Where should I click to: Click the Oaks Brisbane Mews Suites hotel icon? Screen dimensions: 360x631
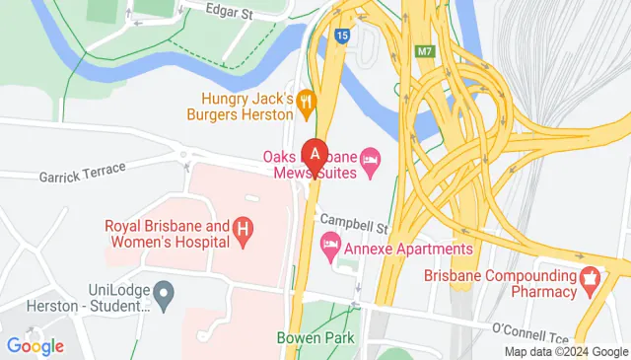click(x=371, y=158)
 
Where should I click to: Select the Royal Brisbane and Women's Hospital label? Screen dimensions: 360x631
click(x=167, y=234)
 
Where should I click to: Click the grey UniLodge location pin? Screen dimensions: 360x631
click(x=166, y=292)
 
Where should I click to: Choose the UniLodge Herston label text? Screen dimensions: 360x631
click(x=83, y=299)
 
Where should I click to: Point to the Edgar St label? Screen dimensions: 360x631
click(x=230, y=11)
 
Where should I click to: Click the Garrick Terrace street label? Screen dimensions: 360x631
click(x=83, y=173)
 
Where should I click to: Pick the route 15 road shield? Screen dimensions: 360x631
click(x=341, y=36)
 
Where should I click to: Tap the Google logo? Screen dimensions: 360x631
click(x=35, y=345)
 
